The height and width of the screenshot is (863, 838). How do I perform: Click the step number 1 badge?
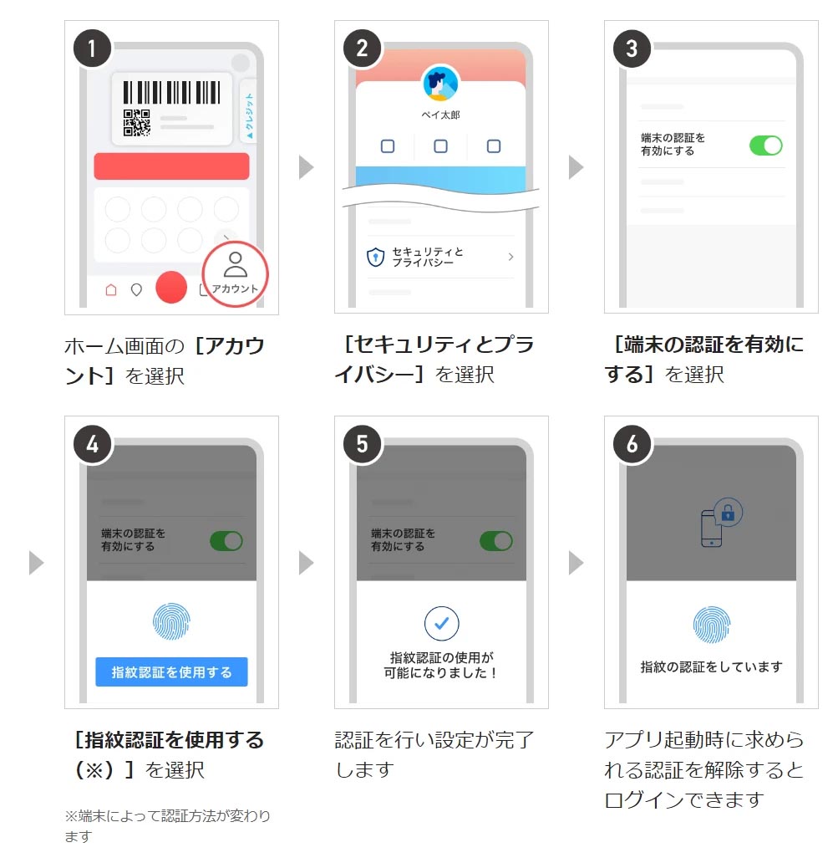(x=92, y=49)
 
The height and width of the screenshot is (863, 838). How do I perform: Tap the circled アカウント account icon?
(x=236, y=273)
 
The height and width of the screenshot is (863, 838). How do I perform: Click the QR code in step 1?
(x=136, y=122)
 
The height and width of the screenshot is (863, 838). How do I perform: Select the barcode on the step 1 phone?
(x=171, y=92)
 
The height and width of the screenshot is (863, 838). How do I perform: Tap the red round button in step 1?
(x=171, y=287)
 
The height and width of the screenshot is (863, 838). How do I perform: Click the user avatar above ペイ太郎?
(x=440, y=84)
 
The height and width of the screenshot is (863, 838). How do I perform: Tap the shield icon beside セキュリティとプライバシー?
(x=376, y=257)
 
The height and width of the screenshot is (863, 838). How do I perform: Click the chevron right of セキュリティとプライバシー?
(x=510, y=257)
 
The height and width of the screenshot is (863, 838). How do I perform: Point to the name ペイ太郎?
(x=440, y=115)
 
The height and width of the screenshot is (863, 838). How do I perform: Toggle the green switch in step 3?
(x=765, y=146)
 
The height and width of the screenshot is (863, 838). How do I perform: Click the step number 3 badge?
(x=632, y=49)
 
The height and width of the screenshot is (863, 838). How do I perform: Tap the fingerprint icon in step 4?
(x=171, y=621)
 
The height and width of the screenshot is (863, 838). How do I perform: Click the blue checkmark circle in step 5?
(x=441, y=623)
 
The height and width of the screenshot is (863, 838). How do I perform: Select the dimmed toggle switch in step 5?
(x=495, y=541)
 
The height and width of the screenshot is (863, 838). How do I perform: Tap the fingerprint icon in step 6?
(x=712, y=625)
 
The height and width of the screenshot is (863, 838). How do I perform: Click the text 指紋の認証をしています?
(x=712, y=666)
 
